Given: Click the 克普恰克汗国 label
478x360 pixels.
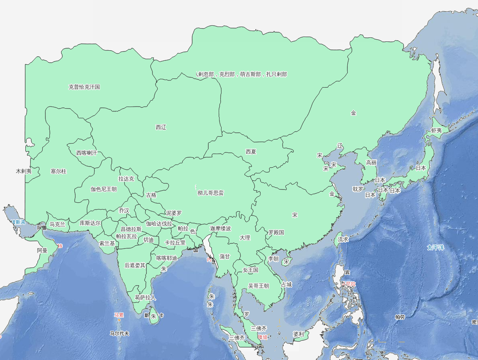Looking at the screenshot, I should pyautogui.click(x=84, y=86).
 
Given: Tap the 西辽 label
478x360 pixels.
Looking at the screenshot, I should pyautogui.click(x=161, y=127).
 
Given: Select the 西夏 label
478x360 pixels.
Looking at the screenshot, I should pyautogui.click(x=251, y=152).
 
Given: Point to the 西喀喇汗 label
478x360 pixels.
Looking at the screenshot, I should pyautogui.click(x=86, y=153).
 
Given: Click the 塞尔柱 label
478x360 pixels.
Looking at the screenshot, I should pyautogui.click(x=58, y=171).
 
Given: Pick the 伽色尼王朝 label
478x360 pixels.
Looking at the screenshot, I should pyautogui.click(x=103, y=189).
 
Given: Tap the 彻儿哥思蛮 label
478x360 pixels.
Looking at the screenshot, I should pyautogui.click(x=211, y=193).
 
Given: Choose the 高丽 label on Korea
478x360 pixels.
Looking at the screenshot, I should pyautogui.click(x=371, y=163).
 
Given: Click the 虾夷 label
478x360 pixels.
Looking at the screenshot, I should pyautogui.click(x=436, y=130).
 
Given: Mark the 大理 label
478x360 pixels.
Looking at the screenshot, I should pyautogui.click(x=245, y=238).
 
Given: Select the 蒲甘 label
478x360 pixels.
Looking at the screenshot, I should pyautogui.click(x=225, y=256).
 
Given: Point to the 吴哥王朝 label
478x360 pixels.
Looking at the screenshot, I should pyautogui.click(x=258, y=286).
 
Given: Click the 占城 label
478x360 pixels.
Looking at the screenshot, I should pyautogui.click(x=286, y=284).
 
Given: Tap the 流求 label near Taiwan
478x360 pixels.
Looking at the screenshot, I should pyautogui.click(x=343, y=239).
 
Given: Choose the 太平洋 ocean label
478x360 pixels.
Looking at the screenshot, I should pyautogui.click(x=435, y=247).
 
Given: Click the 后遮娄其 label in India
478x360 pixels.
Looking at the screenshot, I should pyautogui.click(x=135, y=265).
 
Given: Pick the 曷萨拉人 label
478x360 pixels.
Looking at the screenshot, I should pyautogui.click(x=145, y=298).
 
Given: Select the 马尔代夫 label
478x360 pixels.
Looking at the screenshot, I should pyautogui.click(x=119, y=333).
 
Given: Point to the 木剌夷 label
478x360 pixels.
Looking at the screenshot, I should pyautogui.click(x=24, y=171).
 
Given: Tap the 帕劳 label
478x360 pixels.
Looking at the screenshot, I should pyautogui.click(x=400, y=317).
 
